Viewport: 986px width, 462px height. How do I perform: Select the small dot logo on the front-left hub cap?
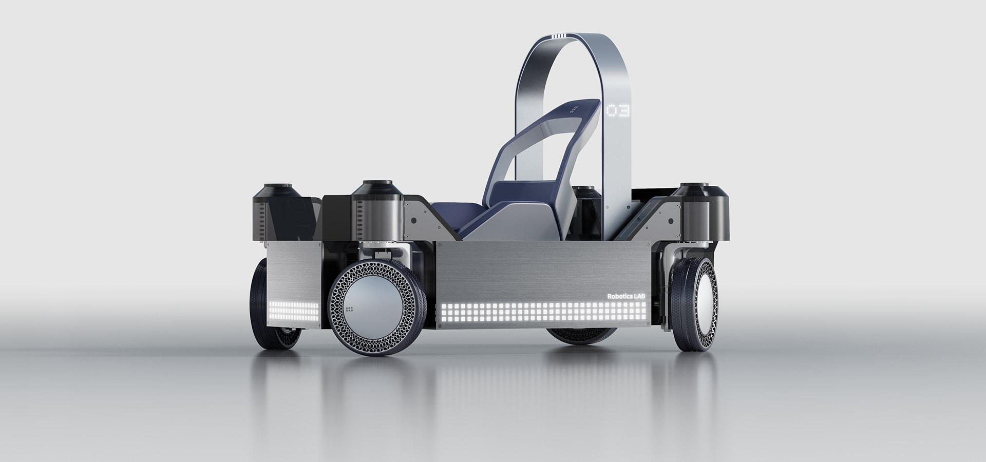pyautogui.click(x=350, y=310)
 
